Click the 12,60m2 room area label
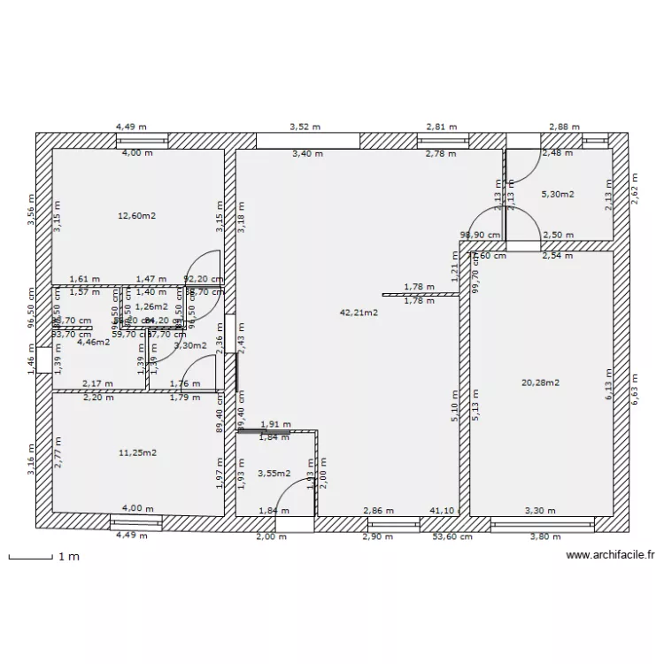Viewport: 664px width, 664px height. click(137, 215)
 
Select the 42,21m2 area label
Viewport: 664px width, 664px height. click(359, 312)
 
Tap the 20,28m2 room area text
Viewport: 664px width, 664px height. click(541, 382)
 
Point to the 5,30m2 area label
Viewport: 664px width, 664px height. click(557, 194)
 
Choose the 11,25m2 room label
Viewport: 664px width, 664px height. click(137, 452)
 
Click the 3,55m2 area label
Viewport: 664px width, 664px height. click(274, 474)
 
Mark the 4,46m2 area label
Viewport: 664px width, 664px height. click(93, 342)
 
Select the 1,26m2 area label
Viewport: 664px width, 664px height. click(151, 306)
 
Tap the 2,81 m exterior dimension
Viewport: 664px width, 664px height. click(442, 127)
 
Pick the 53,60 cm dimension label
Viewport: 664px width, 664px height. click(451, 537)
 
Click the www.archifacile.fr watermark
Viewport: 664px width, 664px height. click(609, 556)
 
